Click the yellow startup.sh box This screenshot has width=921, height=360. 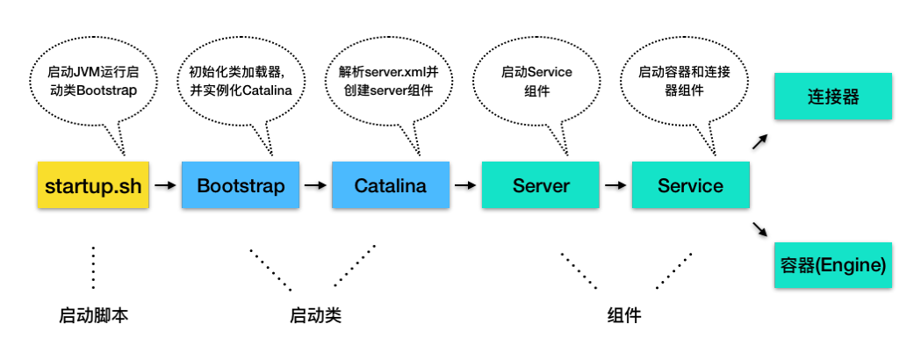(x=93, y=185)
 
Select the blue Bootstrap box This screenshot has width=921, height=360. (x=240, y=185)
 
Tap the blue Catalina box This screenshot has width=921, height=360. (x=390, y=185)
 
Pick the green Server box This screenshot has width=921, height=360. (x=541, y=185)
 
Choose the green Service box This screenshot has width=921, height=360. (x=690, y=185)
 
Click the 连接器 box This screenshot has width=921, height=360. (x=832, y=97)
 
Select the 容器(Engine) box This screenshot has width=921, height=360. (x=832, y=264)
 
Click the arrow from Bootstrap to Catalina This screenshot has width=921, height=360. (x=314, y=185)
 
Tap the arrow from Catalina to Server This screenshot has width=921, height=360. (x=465, y=185)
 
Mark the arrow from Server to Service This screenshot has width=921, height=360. (x=615, y=185)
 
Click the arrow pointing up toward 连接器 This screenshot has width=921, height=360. (x=761, y=142)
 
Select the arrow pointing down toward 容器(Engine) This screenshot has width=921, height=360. (x=761, y=229)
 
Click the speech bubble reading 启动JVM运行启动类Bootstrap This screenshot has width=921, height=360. (x=92, y=82)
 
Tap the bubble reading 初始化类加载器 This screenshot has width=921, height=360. (x=240, y=82)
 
